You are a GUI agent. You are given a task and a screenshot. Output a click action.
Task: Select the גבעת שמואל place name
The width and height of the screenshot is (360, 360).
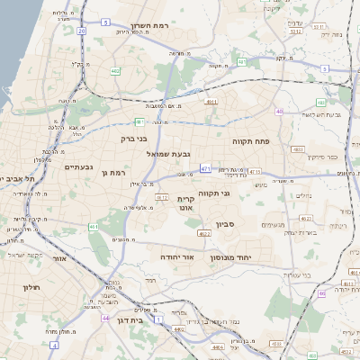[x=168, y=155]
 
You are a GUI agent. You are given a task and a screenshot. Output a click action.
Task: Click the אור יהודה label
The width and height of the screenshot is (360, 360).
[x=176, y=256]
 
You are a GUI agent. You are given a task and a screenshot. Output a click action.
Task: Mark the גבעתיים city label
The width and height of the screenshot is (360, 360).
[x=79, y=167]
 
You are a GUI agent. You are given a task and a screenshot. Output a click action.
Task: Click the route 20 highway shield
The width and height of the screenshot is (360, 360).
[x=81, y=31]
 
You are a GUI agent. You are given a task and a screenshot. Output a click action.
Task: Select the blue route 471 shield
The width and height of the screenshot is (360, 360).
[x=206, y=168]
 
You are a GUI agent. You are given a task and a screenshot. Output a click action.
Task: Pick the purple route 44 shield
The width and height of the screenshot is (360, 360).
[x=106, y=318]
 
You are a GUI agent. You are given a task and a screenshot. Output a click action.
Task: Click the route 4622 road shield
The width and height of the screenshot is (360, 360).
[x=204, y=234]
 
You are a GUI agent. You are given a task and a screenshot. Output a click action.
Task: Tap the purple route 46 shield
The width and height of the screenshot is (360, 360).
[x=322, y=293]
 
